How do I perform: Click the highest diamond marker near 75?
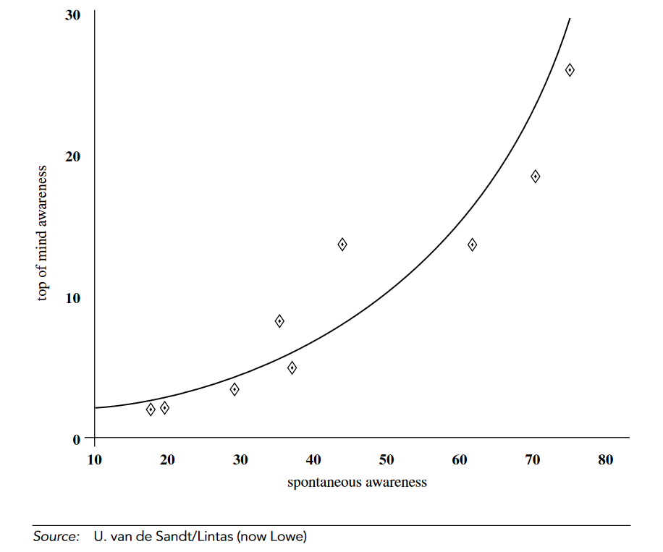click(x=570, y=70)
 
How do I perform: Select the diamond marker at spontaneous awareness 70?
click(x=536, y=177)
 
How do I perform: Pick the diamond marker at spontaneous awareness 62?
click(x=473, y=245)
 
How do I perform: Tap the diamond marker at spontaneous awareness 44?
click(x=342, y=245)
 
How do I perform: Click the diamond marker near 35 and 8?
click(x=279, y=321)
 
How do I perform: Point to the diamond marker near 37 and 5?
click(x=292, y=368)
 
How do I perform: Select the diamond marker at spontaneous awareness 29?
click(x=235, y=390)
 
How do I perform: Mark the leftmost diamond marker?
click(x=151, y=409)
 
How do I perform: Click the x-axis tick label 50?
click(x=387, y=459)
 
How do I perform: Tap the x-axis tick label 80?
click(x=606, y=459)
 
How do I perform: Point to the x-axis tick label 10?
click(x=94, y=459)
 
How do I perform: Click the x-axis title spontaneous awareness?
click(x=357, y=483)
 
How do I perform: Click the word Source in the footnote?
click(x=55, y=537)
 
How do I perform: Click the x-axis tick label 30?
click(x=240, y=459)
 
